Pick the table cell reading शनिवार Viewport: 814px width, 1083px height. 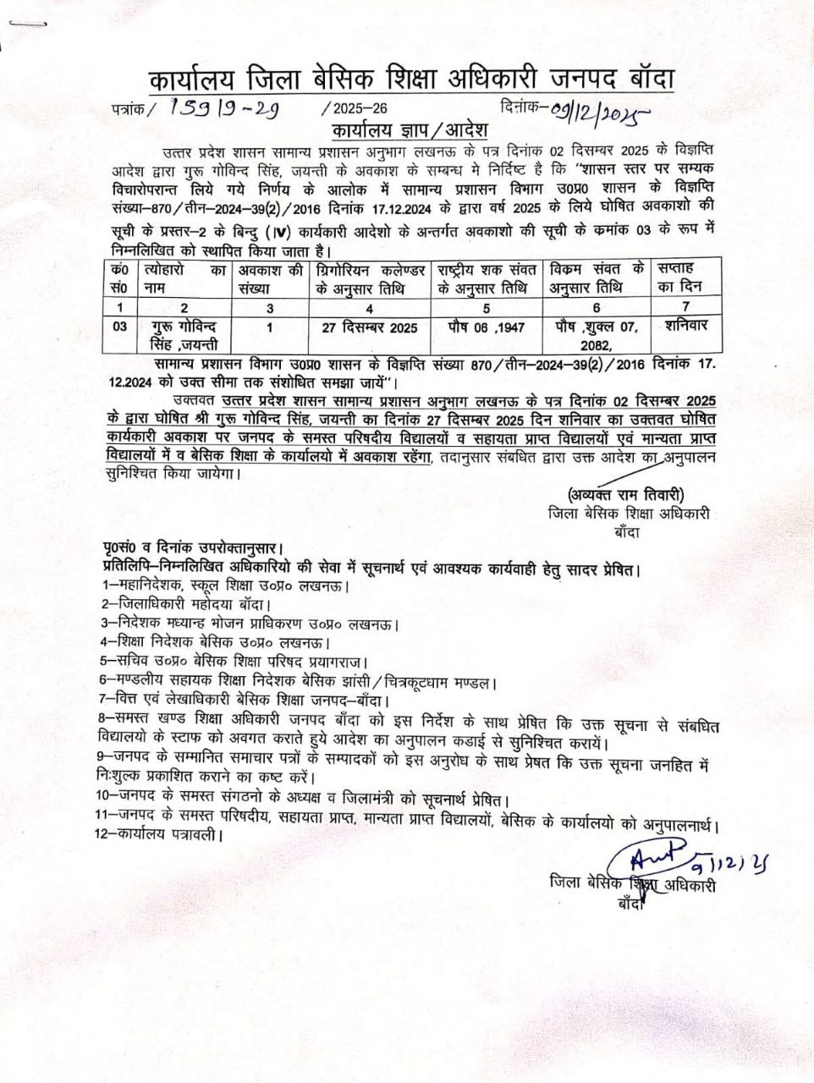click(x=686, y=324)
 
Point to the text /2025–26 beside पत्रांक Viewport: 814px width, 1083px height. click(x=355, y=109)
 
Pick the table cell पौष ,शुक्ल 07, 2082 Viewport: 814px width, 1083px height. click(x=597, y=334)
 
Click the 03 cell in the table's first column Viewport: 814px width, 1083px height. click(x=120, y=327)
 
